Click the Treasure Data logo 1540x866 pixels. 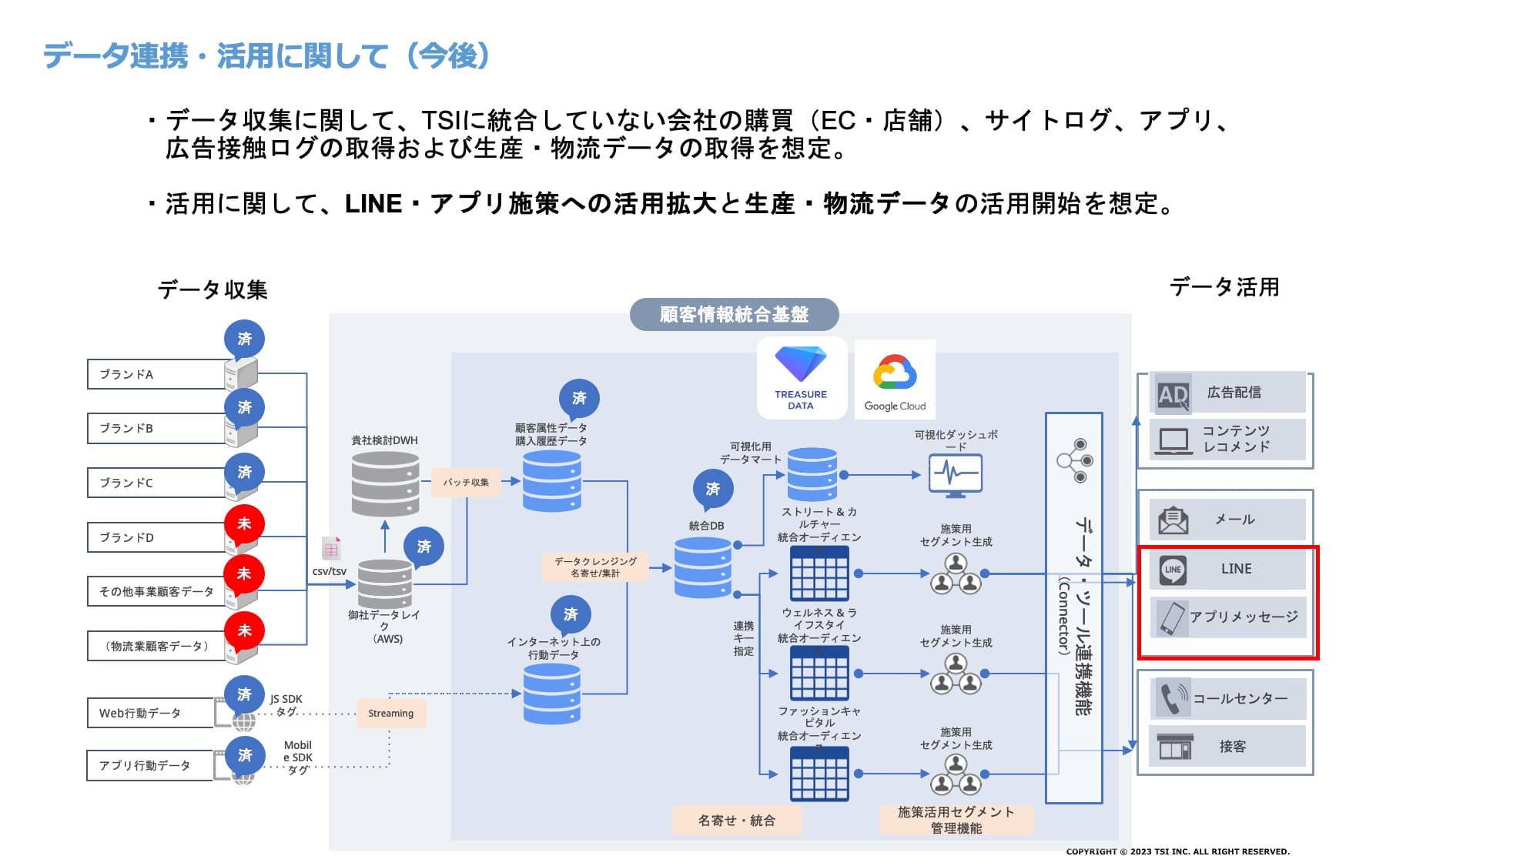801,377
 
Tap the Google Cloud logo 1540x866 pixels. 895,379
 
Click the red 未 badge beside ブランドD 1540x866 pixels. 244,523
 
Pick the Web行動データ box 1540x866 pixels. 150,713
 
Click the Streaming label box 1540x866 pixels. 390,714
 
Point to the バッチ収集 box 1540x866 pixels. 466,482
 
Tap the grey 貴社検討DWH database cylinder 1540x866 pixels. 385,483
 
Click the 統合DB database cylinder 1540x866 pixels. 702,567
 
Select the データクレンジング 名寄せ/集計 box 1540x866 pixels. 595,567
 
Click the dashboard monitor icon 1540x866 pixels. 955,473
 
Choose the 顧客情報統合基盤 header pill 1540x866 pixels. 734,314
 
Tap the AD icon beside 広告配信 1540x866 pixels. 1173,395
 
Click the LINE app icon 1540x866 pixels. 1173,570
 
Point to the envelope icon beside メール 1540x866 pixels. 1173,520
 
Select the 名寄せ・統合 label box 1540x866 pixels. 737,821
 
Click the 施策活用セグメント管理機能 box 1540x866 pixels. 956,820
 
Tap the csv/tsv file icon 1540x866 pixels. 331,549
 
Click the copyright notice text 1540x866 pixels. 1177,851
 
